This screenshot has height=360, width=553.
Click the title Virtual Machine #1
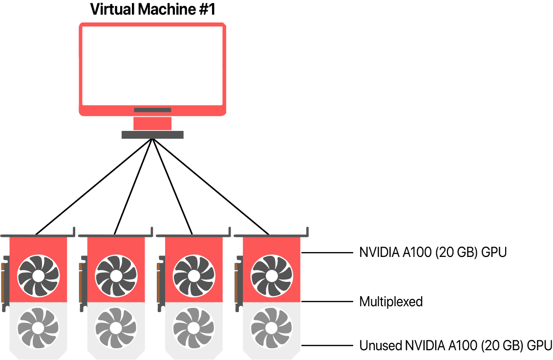pyautogui.click(x=152, y=9)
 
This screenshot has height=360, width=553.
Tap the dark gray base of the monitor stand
pyautogui.click(x=152, y=135)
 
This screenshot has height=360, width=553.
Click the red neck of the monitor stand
pyautogui.click(x=152, y=123)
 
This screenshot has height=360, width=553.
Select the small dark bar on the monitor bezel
pyautogui.click(x=152, y=110)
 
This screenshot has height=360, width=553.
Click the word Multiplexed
pyautogui.click(x=391, y=302)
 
